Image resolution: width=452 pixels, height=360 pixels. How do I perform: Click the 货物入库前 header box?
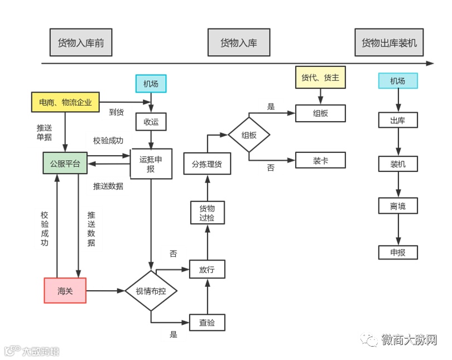tap(81, 43)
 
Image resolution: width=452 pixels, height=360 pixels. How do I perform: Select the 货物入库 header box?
tap(238, 43)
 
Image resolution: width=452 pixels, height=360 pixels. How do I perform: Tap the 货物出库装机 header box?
tap(389, 43)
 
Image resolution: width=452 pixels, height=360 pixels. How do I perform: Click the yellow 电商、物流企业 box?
tap(65, 102)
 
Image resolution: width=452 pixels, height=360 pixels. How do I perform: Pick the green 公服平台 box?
tap(65, 164)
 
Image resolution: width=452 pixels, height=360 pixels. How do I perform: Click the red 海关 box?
tap(65, 290)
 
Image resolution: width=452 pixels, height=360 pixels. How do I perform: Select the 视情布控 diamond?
tap(151, 291)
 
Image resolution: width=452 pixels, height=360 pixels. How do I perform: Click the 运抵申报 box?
tap(151, 164)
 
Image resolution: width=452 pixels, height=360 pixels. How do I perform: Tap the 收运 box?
tap(151, 122)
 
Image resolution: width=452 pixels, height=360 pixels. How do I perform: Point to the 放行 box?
tap(207, 270)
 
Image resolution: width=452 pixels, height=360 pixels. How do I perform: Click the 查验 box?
tap(207, 323)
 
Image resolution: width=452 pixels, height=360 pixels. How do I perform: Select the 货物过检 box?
tap(207, 213)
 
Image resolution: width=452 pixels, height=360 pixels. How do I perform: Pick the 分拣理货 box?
tap(207, 164)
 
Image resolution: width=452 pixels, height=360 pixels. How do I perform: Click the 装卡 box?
tap(320, 160)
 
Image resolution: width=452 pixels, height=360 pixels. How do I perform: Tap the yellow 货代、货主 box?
tap(320, 78)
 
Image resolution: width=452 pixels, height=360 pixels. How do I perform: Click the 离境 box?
tap(398, 206)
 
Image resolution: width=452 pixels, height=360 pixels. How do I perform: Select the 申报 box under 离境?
tap(398, 252)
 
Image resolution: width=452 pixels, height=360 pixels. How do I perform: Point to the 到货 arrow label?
tap(116, 112)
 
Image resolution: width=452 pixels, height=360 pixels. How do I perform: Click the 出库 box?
tap(398, 120)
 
